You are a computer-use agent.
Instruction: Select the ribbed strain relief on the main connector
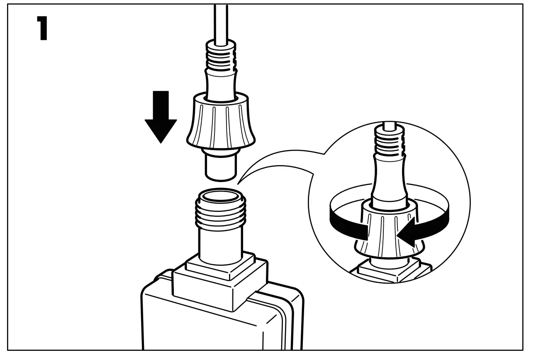click(221, 56)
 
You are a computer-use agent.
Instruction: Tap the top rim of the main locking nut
click(221, 100)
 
